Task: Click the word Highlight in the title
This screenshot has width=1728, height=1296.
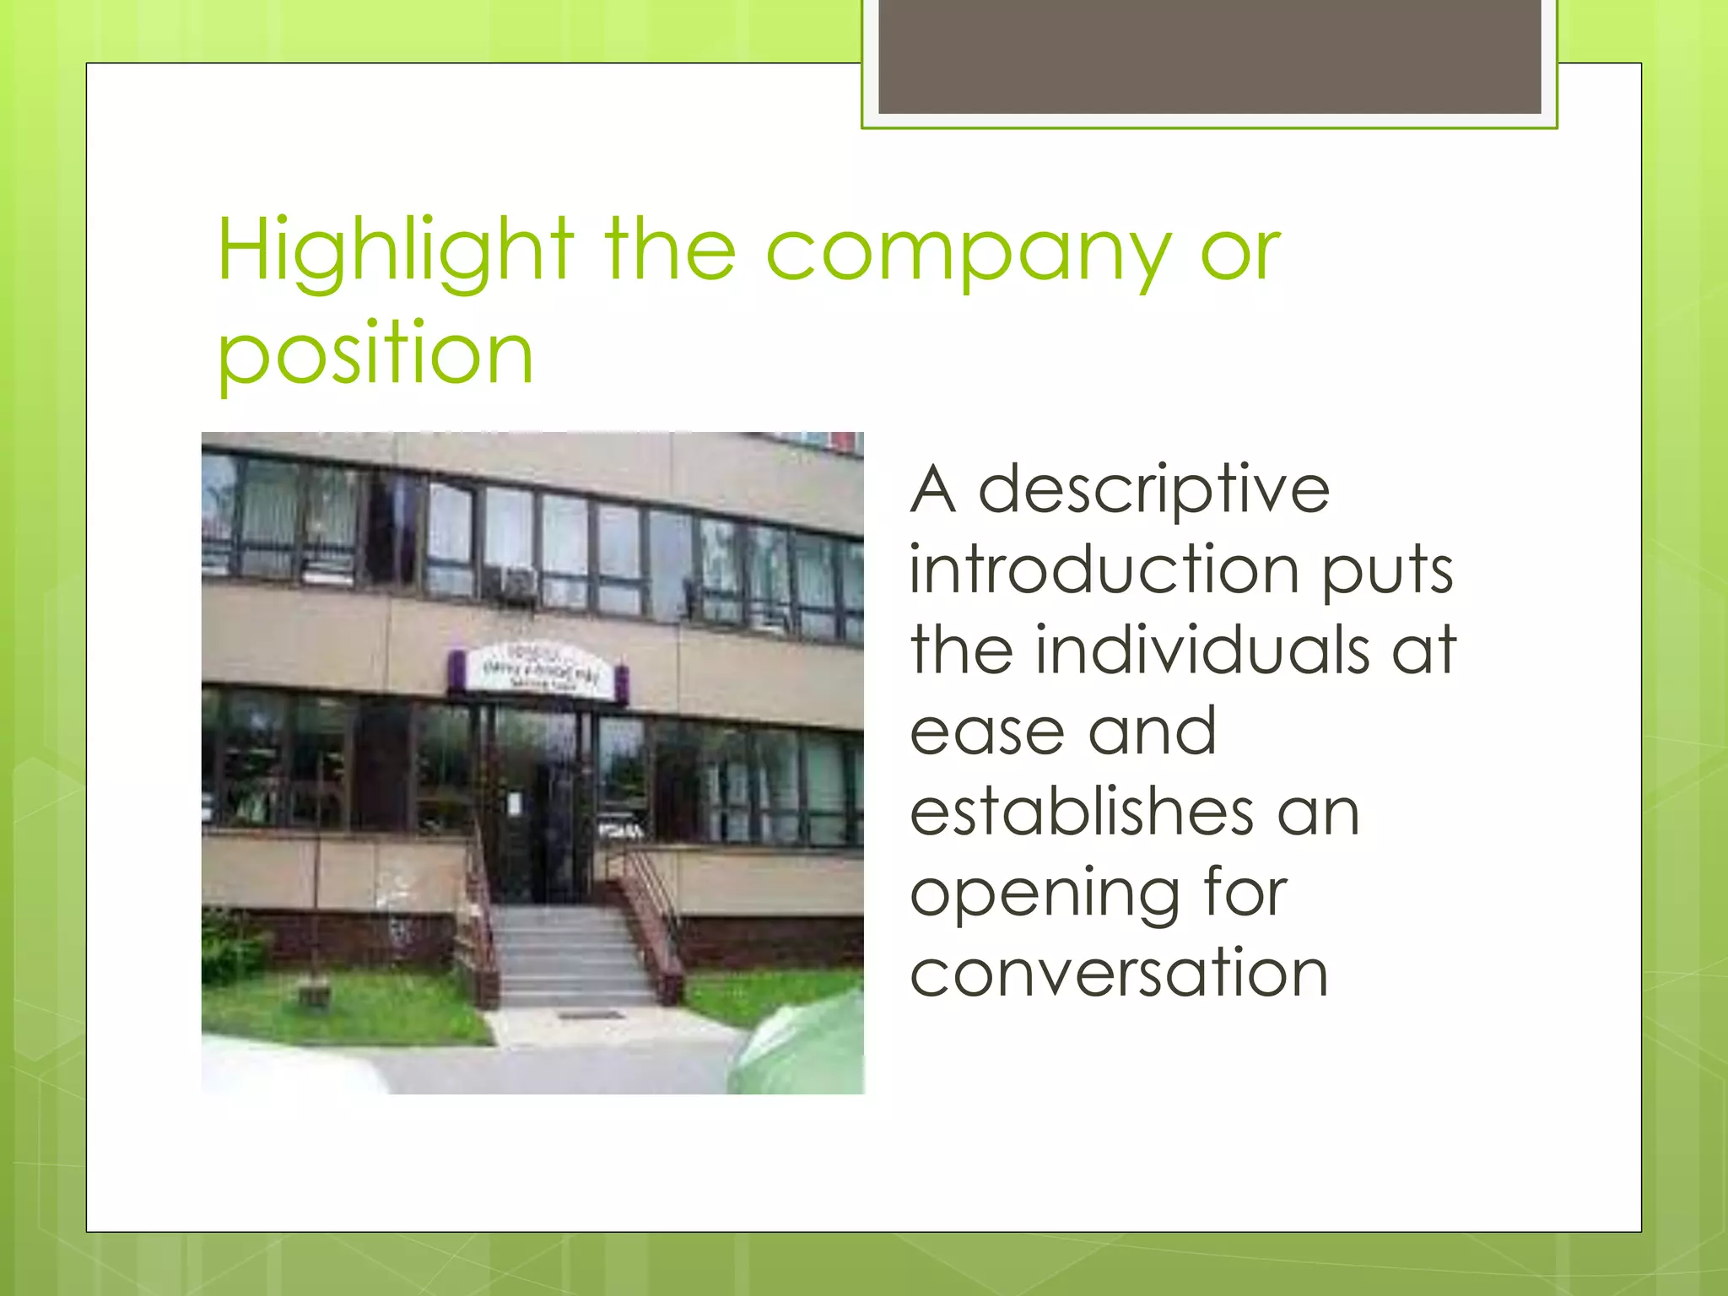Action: [x=395, y=251]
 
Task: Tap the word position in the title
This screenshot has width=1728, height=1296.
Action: [x=375, y=354]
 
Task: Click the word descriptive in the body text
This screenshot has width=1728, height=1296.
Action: [x=1153, y=489]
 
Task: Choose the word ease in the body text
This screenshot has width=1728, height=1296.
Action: [x=986, y=731]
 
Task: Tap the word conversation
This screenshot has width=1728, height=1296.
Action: [x=1119, y=973]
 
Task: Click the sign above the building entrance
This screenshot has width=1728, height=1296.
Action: [x=537, y=672]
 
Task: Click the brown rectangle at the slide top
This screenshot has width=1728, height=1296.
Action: [x=1209, y=57]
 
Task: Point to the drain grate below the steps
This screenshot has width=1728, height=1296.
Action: [x=591, y=1015]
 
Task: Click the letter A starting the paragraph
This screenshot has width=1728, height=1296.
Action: [x=933, y=489]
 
